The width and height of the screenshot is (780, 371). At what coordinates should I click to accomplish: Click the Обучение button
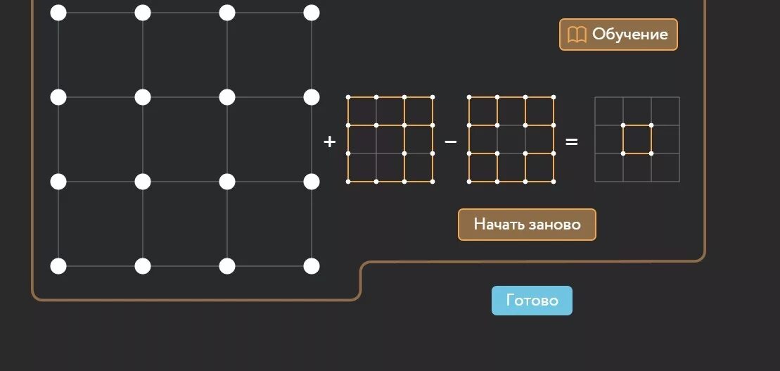tap(618, 34)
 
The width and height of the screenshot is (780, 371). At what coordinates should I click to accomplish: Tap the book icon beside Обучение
tap(577, 34)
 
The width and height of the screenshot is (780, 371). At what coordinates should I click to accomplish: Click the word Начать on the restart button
tap(499, 225)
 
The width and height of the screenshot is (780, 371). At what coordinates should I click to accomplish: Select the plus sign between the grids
tap(329, 142)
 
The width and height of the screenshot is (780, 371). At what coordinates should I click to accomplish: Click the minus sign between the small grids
tap(451, 142)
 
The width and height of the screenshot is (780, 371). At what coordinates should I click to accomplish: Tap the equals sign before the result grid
tap(572, 142)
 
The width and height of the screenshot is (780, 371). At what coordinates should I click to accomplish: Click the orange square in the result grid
tap(637, 139)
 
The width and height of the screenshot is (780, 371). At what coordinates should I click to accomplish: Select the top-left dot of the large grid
tap(58, 13)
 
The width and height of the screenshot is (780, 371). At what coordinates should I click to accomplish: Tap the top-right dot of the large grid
tap(312, 13)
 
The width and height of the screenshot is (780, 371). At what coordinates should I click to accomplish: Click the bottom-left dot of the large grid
tap(58, 266)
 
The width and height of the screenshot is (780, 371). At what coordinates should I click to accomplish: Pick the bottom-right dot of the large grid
tap(312, 266)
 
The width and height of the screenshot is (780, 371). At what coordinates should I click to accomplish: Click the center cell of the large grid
tap(185, 139)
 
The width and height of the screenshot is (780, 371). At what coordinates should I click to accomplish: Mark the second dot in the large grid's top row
tap(143, 13)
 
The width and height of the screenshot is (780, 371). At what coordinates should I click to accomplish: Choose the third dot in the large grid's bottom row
tap(227, 266)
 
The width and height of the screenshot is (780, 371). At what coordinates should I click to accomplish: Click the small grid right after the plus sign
tap(390, 139)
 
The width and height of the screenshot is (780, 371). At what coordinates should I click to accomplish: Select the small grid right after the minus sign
tap(511, 139)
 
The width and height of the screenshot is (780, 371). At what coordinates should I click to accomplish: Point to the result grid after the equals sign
tap(637, 139)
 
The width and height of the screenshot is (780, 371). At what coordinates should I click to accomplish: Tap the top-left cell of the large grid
tap(101, 55)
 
